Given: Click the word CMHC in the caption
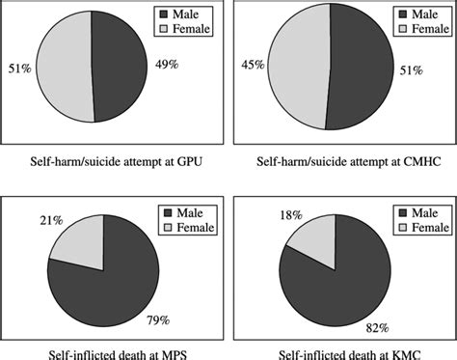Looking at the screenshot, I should [406, 158].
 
